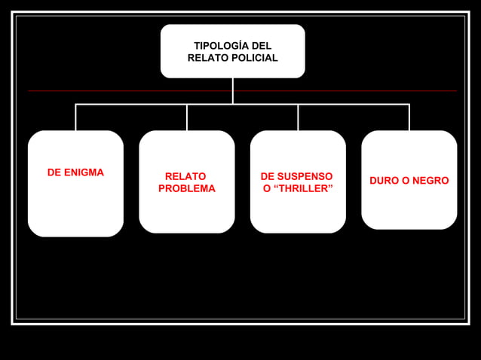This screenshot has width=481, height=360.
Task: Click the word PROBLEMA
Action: coord(187,188)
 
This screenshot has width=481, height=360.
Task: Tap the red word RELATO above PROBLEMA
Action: coord(185,176)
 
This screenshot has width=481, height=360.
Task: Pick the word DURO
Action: coord(384,181)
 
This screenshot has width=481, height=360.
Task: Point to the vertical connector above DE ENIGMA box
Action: coord(75,117)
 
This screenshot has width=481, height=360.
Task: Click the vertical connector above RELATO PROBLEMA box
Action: coord(187,117)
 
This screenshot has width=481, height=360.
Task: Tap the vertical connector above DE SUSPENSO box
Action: coord(298,117)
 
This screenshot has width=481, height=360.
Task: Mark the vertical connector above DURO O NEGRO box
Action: coord(409,117)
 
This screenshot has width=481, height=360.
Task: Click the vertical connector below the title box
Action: coord(232,90)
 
